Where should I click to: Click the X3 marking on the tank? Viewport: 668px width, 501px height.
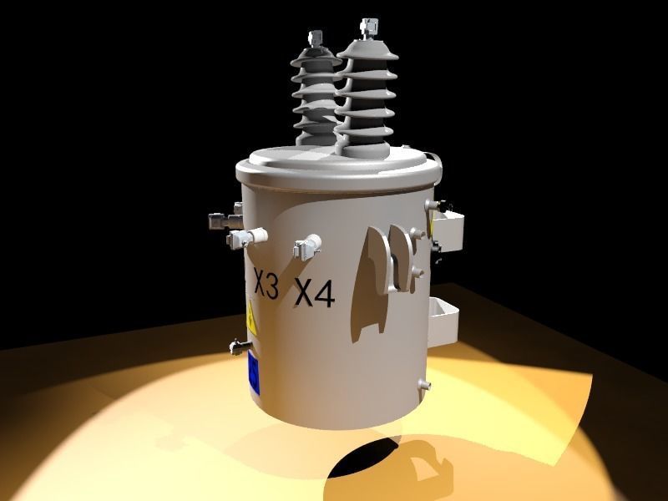point(266,285)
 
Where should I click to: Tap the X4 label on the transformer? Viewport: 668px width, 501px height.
point(315,291)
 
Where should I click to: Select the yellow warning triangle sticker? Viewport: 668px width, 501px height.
point(250,322)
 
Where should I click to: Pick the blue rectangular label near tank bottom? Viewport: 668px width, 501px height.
point(252,372)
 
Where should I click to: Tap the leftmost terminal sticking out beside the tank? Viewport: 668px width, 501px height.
point(219,220)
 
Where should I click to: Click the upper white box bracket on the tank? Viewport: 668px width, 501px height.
point(447,230)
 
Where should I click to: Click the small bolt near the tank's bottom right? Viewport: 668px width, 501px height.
point(423,385)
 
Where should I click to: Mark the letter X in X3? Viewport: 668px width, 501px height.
point(259,285)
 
